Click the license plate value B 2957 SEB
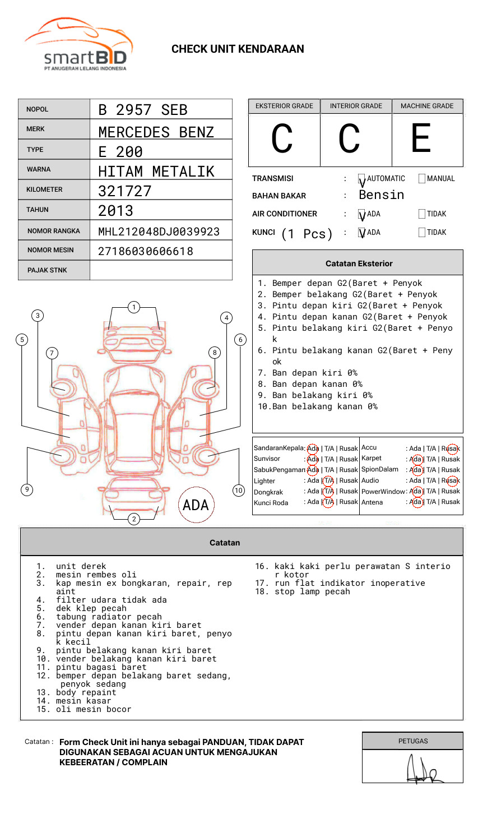tap(142, 110)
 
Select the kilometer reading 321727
tap(124, 191)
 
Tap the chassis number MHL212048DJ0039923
tap(159, 232)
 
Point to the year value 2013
tap(115, 211)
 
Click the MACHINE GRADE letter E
tap(421, 138)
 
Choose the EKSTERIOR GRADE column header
tap(284, 106)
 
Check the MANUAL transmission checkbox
tap(422, 179)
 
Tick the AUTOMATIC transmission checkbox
tap(362, 179)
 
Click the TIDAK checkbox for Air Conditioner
tap(422, 214)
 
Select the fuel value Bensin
tap(381, 195)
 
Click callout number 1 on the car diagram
tap(133, 307)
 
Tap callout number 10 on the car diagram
tap(239, 491)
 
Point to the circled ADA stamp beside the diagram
tap(196, 505)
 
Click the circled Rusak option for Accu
tap(452, 448)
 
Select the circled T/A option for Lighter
tap(328, 480)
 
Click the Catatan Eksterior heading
tap(359, 263)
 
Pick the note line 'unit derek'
tap(81, 566)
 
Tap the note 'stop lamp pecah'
tap(312, 591)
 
